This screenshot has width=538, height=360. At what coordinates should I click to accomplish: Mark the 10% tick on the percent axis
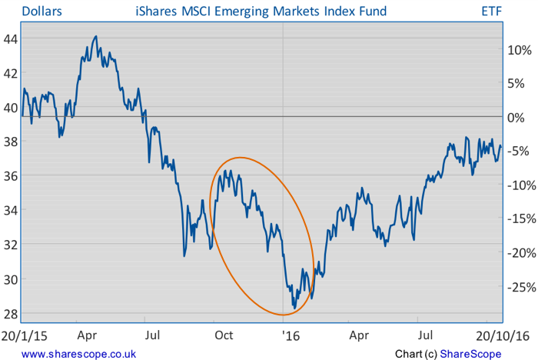coord(519,49)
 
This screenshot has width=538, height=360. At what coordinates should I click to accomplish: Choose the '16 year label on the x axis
coord(291,335)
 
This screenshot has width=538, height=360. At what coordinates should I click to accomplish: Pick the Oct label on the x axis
coord(224,335)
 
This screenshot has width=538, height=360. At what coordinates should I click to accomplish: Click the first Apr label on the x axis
coord(86,335)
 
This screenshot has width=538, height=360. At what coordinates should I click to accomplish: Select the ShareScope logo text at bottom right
coord(471,353)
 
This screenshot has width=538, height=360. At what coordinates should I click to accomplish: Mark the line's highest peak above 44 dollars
coord(95,36)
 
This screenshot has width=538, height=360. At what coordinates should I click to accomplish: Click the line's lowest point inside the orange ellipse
coord(295,308)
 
